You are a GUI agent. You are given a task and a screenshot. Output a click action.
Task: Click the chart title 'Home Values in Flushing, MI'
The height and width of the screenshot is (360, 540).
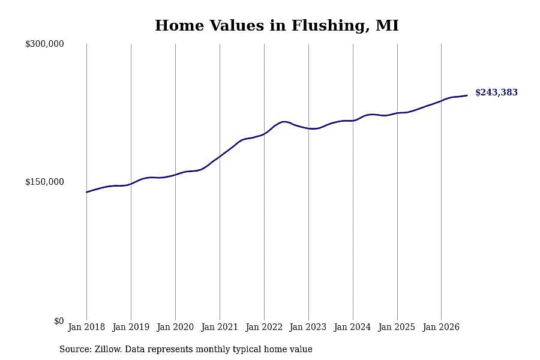pos(277,25)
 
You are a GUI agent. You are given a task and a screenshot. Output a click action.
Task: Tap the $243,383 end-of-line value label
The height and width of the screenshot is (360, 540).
pos(496,92)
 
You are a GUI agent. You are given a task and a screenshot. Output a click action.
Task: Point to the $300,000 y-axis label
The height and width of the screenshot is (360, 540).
pos(44,44)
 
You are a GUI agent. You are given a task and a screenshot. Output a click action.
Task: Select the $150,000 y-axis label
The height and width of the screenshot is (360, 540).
pos(44,182)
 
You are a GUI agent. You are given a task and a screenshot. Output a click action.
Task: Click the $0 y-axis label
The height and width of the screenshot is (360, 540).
pos(59,321)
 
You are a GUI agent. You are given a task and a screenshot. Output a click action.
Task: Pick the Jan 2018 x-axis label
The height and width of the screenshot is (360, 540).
pos(86,327)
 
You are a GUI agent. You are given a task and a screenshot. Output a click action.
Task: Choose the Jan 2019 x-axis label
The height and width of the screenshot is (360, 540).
pos(131,327)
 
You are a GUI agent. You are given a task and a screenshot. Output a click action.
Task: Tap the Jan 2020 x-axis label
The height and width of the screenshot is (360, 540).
pos(175,327)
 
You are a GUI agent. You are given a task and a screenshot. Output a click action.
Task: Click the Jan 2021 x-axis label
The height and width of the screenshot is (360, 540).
pos(220,327)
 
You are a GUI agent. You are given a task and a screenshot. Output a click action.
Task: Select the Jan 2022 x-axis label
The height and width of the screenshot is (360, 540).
pos(264,327)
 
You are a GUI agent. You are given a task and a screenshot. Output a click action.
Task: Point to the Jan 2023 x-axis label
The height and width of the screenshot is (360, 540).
pos(308,327)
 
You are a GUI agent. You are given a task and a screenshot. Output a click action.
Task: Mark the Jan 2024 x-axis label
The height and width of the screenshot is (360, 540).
pos(353,327)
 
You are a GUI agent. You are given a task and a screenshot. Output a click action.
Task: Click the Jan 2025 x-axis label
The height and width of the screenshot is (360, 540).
pos(397,327)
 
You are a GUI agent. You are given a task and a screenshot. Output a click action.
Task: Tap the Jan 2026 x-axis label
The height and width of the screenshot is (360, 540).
pos(441,327)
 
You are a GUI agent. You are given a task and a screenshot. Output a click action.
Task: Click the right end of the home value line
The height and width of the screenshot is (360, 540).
pos(467,95)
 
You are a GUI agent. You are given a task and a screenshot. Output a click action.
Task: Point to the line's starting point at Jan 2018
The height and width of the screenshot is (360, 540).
pos(86,192)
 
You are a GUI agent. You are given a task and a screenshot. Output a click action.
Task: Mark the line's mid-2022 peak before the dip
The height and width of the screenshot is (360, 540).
pos(284,122)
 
